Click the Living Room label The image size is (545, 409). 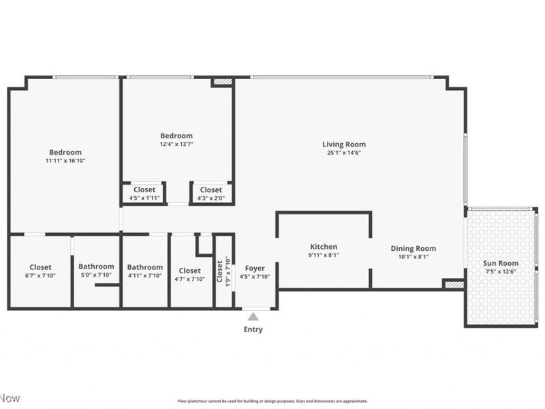(x=343, y=145)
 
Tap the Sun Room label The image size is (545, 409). (x=501, y=263)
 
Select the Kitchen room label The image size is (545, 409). (x=324, y=247)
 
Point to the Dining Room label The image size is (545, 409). (x=413, y=249)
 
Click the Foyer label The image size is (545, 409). (x=255, y=269)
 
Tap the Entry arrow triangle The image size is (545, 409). (x=253, y=316)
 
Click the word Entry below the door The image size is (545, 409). (x=253, y=329)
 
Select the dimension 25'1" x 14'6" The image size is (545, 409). (x=343, y=153)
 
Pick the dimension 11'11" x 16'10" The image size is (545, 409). (x=65, y=161)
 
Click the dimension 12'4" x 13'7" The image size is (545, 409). (x=176, y=145)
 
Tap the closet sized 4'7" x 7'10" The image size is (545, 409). (x=189, y=271)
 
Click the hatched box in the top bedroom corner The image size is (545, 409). (x=222, y=82)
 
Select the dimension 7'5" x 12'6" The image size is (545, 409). (x=501, y=271)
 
